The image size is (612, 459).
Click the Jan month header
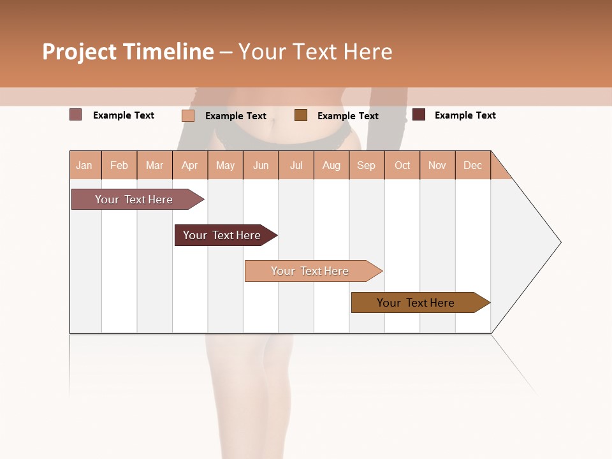click(x=85, y=165)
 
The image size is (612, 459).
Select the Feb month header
click(x=119, y=165)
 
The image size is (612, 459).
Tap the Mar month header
click(x=154, y=165)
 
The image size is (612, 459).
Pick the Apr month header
click(x=190, y=165)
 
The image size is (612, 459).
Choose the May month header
click(x=225, y=165)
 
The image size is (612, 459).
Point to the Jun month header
click(x=261, y=165)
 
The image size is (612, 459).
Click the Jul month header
click(x=296, y=165)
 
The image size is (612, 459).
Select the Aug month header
click(x=331, y=165)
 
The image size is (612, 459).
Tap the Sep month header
click(x=367, y=165)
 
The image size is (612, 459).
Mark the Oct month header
click(x=402, y=165)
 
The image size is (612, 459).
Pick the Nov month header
click(x=437, y=165)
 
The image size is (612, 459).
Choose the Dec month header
click(x=473, y=165)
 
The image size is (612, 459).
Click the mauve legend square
click(x=76, y=115)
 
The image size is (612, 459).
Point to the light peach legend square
click(x=188, y=115)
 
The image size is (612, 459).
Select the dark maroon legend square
click(x=419, y=115)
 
